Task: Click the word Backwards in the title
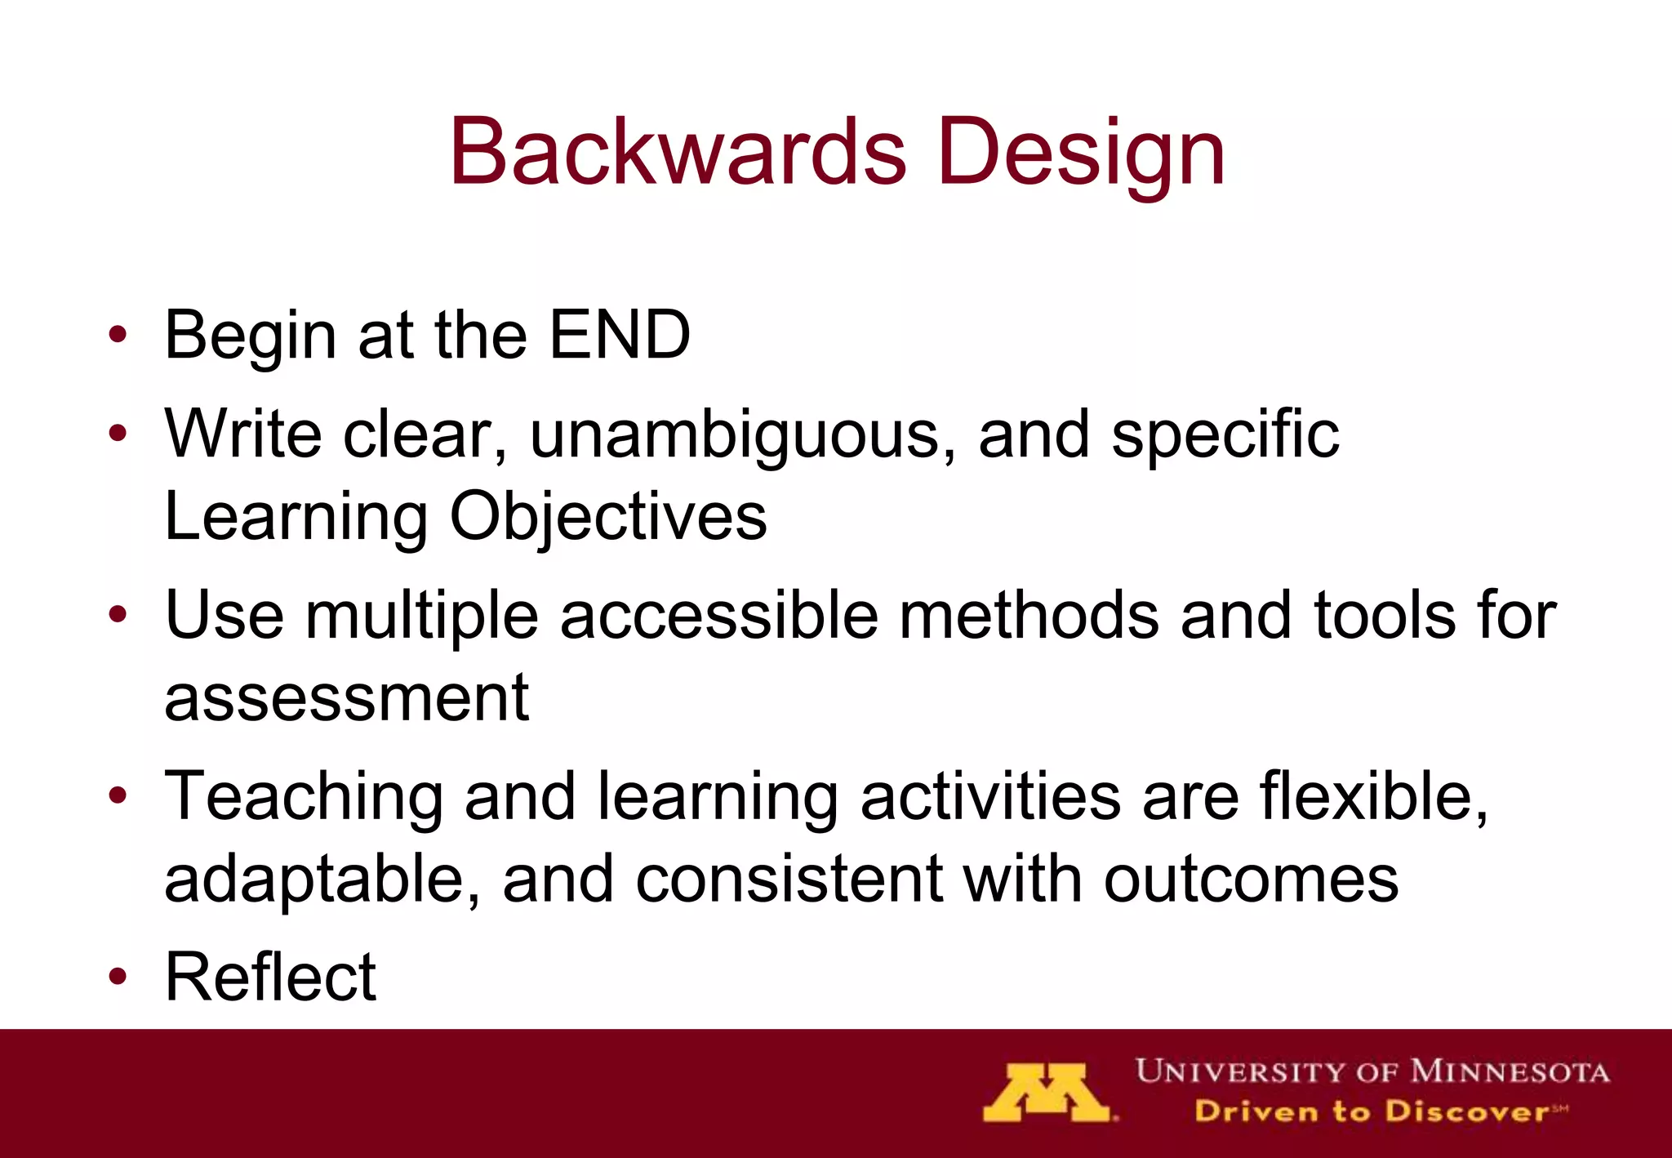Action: tap(678, 153)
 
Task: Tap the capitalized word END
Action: tap(620, 334)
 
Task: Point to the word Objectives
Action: tap(608, 517)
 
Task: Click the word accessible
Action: tap(718, 616)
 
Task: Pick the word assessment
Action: tap(346, 699)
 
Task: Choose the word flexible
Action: tap(1374, 796)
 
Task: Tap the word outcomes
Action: tap(1251, 880)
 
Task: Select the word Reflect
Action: tap(270, 977)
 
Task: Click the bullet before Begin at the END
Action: tap(118, 334)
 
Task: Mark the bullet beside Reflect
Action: tap(118, 977)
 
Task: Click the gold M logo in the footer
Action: tap(1047, 1093)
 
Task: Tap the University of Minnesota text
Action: tap(1372, 1071)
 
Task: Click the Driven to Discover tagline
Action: tap(1380, 1112)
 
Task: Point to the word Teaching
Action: tap(304, 796)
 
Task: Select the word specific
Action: tap(1225, 434)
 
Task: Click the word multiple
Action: tap(421, 616)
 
